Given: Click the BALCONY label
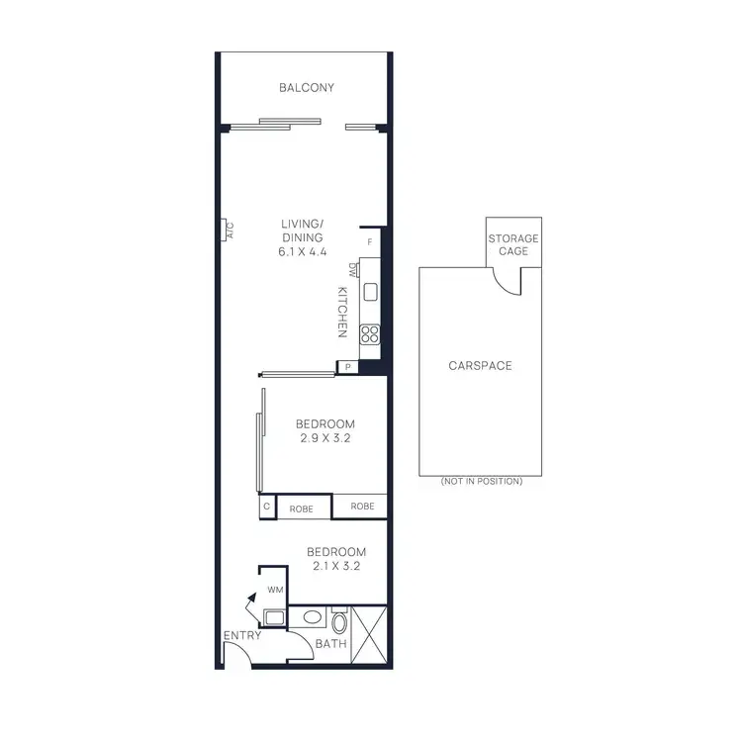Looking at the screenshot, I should pyautogui.click(x=306, y=88).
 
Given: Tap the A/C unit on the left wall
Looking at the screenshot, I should pyautogui.click(x=228, y=231).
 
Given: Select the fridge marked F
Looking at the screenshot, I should pyautogui.click(x=370, y=241).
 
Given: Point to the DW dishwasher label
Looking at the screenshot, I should pyautogui.click(x=352, y=270).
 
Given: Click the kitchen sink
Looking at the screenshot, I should pyautogui.click(x=370, y=292).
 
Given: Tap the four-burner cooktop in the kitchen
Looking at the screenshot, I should pyautogui.click(x=370, y=333).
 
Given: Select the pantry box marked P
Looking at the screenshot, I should pyautogui.click(x=347, y=368).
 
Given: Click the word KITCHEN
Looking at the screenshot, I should pyautogui.click(x=342, y=313).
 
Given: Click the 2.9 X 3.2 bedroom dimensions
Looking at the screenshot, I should pyautogui.click(x=325, y=438).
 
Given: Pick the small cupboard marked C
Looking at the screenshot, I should pyautogui.click(x=266, y=507).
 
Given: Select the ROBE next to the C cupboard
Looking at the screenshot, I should pyautogui.click(x=302, y=508).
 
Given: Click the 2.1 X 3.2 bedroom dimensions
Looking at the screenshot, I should pyautogui.click(x=336, y=567).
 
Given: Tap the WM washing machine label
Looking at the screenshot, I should pyautogui.click(x=274, y=590).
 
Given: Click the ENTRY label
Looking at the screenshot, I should pyautogui.click(x=241, y=635).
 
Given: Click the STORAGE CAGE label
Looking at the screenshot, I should pyautogui.click(x=513, y=244).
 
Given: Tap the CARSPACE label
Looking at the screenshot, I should pyautogui.click(x=480, y=366).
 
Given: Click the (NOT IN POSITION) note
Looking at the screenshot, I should pyautogui.click(x=481, y=481).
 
